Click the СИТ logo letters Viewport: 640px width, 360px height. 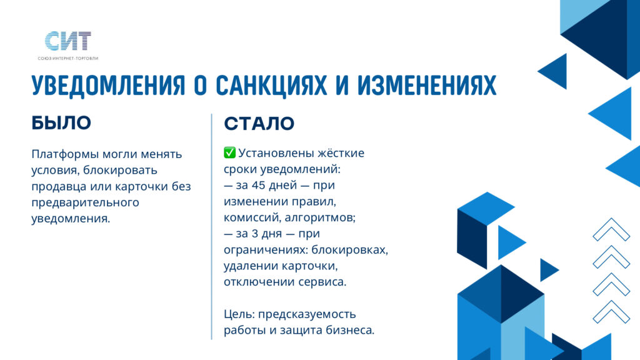pos(67,41)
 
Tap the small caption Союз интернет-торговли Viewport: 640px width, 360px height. pos(68,58)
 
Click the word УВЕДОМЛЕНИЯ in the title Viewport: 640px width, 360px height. pos(109,86)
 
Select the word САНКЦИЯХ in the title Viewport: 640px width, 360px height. pos(271,86)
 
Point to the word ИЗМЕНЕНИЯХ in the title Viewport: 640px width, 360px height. pos(427,86)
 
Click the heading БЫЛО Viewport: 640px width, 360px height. pos(61,123)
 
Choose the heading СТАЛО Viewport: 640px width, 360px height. pos(259,123)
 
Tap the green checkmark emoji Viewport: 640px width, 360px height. pos(229,152)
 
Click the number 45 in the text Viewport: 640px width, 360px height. pos(259,185)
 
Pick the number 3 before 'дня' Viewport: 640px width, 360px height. pos(255,234)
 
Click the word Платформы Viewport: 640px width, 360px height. pos(65,155)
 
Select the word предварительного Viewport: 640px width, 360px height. pos(85,203)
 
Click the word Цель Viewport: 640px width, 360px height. pos(239,314)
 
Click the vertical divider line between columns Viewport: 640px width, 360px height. pos(212,226)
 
